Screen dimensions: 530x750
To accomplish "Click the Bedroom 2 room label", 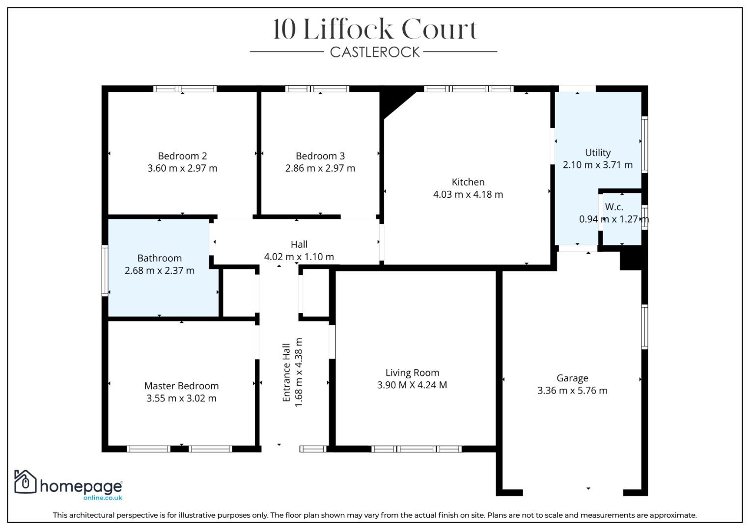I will [x=182, y=156].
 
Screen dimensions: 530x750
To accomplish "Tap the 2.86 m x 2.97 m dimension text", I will [x=320, y=168].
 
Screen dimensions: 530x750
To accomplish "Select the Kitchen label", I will [x=468, y=182].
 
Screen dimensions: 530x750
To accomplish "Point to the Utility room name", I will [x=598, y=153].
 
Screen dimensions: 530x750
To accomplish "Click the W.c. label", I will [x=614, y=207].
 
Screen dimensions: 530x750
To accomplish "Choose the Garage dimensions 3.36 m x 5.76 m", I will [x=572, y=391].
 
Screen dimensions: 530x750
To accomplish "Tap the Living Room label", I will [x=412, y=373].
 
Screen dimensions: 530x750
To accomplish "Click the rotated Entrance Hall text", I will [x=287, y=372].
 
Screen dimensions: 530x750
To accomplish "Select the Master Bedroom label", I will [x=181, y=386].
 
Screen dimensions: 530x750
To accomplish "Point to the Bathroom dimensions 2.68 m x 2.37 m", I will [x=160, y=270].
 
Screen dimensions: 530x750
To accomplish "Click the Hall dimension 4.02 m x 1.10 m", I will [x=299, y=257].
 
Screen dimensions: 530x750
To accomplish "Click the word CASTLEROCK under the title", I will [x=375, y=52].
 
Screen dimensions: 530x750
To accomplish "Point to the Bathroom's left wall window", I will [x=105, y=270].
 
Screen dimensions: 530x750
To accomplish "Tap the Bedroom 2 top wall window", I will [x=185, y=89].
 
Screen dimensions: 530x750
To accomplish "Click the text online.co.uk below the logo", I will [x=103, y=498].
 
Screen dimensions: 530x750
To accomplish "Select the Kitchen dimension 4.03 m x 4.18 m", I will [x=468, y=194].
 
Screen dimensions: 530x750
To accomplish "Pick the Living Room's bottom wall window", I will [x=416, y=449].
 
